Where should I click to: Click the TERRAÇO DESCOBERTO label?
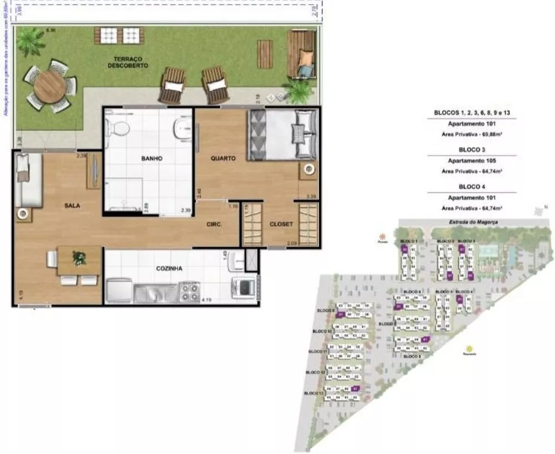point(128,62)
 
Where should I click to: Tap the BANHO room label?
point(152,158)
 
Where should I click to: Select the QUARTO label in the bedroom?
point(223,158)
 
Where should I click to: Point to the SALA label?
point(72,206)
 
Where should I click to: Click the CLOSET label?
point(281,224)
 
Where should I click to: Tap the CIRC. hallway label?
point(214,224)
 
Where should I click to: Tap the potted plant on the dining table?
point(79,258)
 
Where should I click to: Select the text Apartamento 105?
point(471,161)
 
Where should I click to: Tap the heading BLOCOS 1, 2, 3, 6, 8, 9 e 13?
point(471,113)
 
